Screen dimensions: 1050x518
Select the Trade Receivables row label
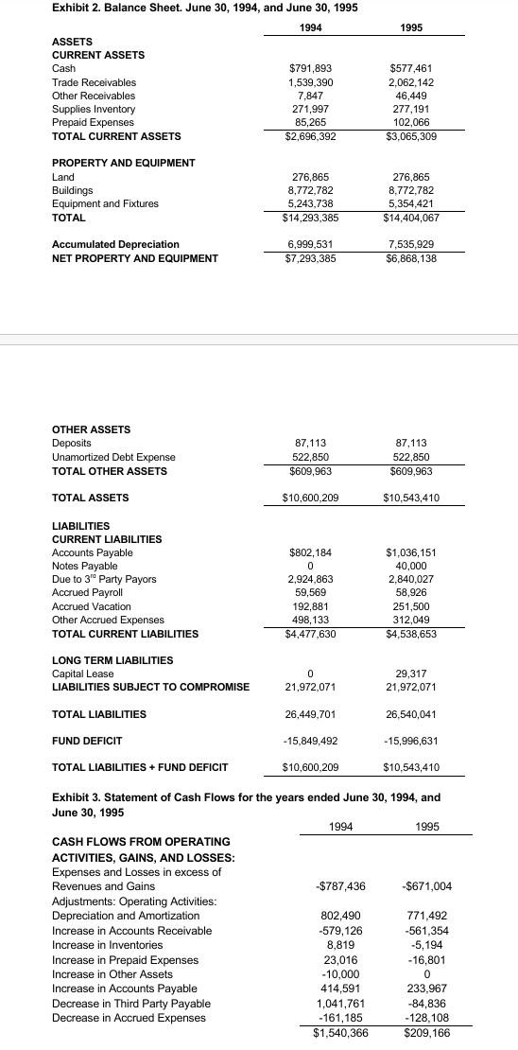coord(94,82)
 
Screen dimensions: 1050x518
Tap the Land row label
coord(62,177)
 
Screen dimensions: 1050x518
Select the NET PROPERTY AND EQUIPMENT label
coord(134,258)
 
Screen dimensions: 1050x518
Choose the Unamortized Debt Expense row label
coord(112,457)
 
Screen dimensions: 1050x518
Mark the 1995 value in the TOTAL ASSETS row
coord(411,498)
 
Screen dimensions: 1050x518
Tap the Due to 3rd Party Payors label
coord(104,579)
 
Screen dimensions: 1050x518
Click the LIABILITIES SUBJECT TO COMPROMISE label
coord(150,687)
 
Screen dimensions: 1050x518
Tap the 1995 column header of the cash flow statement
coord(426,826)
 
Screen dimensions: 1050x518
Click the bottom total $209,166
coord(426,1034)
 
